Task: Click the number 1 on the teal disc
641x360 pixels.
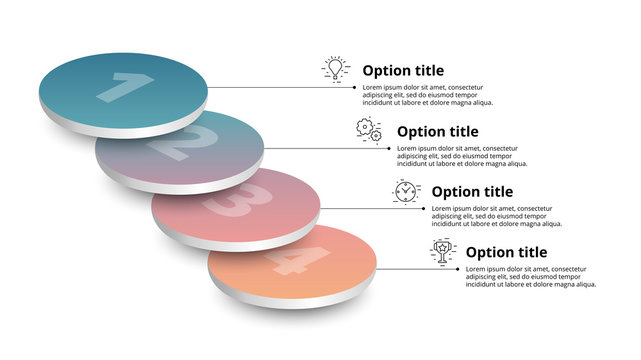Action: click(x=119, y=87)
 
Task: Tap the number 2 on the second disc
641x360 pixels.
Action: click(x=176, y=145)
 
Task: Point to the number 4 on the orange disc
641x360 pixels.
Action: click(x=288, y=261)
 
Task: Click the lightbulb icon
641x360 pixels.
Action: click(x=336, y=69)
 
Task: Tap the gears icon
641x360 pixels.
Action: click(x=370, y=129)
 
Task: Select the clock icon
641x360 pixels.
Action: click(x=405, y=190)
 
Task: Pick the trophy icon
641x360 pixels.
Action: click(x=440, y=250)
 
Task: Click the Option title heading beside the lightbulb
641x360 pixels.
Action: click(x=404, y=71)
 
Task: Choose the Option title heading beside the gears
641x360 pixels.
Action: click(x=438, y=131)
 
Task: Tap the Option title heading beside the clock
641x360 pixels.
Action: click(x=473, y=192)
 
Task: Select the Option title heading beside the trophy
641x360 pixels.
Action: click(x=507, y=252)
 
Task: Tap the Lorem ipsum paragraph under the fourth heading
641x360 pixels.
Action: click(x=531, y=277)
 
